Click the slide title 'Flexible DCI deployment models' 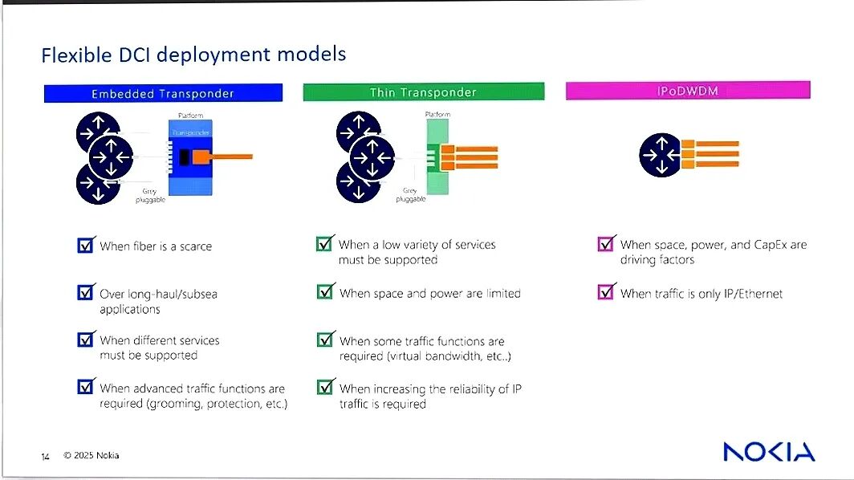[x=193, y=55]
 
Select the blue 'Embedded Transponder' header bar [x=163, y=93]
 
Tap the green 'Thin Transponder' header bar [x=423, y=92]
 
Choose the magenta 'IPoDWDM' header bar [x=687, y=91]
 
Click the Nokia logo [x=768, y=452]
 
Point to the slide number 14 [x=46, y=457]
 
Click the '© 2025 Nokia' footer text [x=91, y=456]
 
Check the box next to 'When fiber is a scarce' [x=86, y=245]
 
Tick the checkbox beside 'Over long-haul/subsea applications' [x=86, y=293]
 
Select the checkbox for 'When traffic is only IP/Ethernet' [x=607, y=292]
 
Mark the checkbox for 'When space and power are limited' [x=325, y=292]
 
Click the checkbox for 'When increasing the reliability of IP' [x=325, y=388]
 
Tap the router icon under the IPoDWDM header [x=661, y=155]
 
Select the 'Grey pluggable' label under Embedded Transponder [x=150, y=195]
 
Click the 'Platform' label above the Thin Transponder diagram [x=437, y=115]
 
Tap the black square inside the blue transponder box [x=185, y=157]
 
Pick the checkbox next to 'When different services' [x=86, y=340]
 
